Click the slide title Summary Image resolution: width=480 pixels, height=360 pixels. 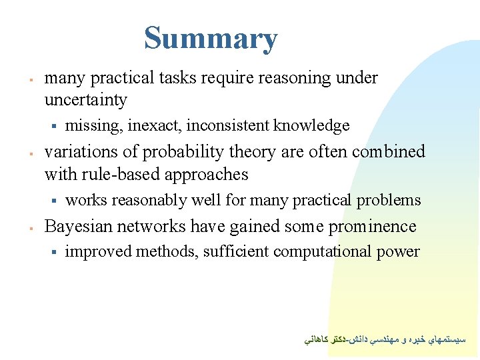(x=211, y=38)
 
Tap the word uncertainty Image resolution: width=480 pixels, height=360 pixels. (x=85, y=100)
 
